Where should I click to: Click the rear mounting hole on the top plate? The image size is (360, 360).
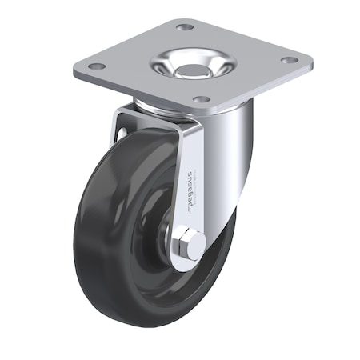point(186,27)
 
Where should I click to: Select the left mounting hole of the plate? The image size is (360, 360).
point(95,66)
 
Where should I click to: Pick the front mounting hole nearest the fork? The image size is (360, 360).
point(202,100)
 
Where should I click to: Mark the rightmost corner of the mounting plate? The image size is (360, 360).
point(311,58)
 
